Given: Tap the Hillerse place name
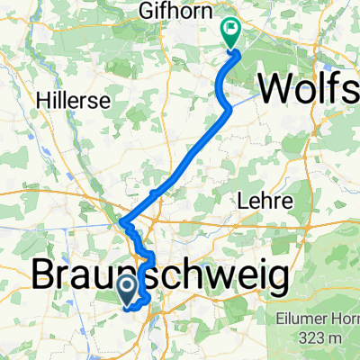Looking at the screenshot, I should (x=65, y=102).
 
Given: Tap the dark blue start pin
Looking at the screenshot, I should (x=129, y=290).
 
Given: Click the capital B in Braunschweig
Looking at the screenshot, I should (x=48, y=275).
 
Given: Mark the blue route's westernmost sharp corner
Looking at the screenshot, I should (x=121, y=220).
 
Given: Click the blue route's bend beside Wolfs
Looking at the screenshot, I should (x=230, y=107).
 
